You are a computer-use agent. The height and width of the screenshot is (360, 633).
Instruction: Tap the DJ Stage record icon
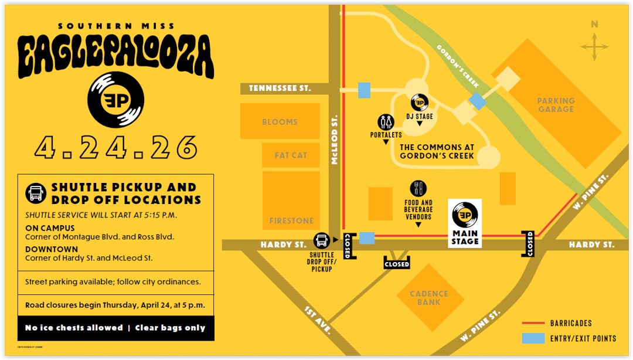420,103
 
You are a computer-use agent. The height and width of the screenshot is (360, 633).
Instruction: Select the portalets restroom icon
386,123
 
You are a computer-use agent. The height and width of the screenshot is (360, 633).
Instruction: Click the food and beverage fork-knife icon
418,189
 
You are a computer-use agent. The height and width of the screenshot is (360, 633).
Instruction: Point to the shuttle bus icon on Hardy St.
321,240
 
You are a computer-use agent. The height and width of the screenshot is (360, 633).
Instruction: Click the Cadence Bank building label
429,298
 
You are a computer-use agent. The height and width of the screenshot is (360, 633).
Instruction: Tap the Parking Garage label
556,105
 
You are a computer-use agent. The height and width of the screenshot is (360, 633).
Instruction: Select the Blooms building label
280,122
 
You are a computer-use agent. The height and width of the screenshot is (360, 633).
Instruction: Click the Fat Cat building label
291,155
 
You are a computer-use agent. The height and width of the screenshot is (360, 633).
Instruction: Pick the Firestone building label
291,221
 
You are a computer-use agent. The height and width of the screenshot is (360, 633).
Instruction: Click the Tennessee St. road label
280,89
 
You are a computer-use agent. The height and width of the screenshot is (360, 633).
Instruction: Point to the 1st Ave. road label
318,320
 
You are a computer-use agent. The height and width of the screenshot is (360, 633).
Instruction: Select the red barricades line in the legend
532,323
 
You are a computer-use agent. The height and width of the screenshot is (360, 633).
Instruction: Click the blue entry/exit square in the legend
532,338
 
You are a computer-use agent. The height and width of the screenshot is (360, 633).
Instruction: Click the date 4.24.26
115,147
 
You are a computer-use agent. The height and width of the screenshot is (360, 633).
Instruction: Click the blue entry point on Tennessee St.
364,90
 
